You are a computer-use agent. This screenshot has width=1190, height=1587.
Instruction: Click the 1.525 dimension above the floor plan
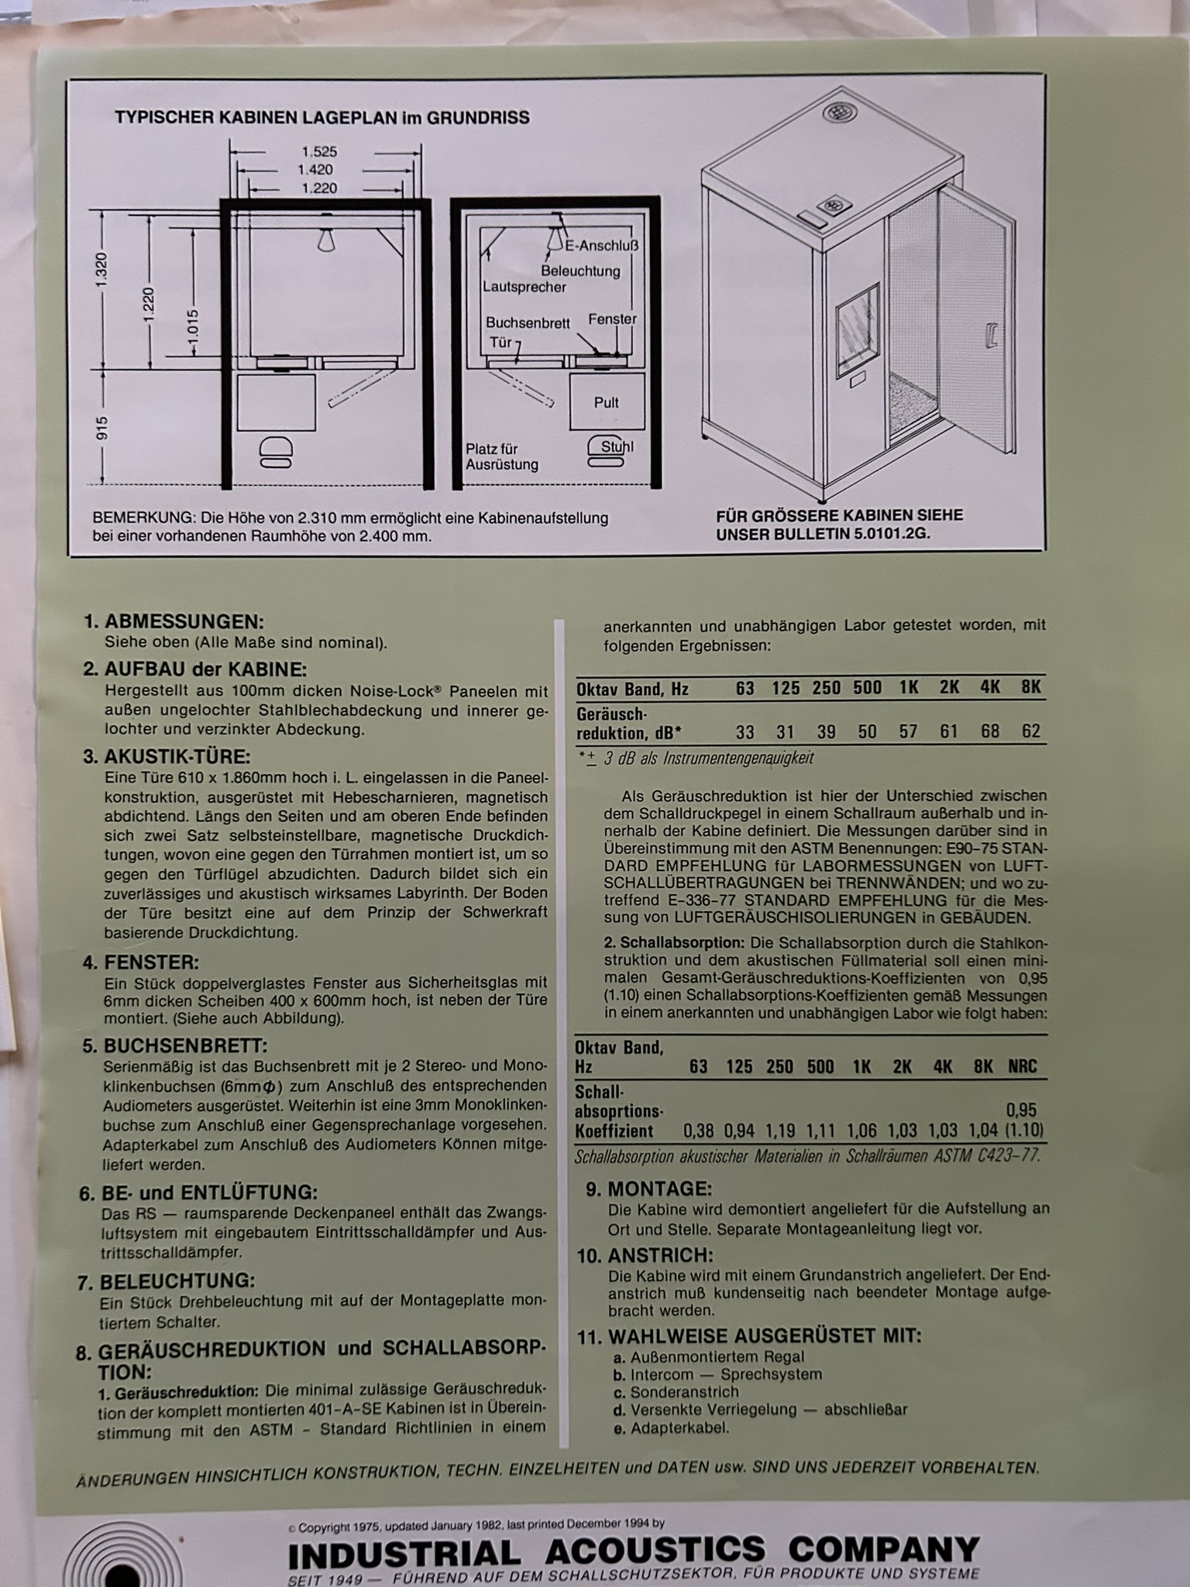[x=319, y=152]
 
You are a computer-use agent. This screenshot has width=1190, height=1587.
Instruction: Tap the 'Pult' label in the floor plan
[x=607, y=402]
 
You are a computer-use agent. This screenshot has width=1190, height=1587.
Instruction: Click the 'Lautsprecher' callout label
[x=524, y=287]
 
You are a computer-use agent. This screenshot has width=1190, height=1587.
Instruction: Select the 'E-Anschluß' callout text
[x=601, y=246]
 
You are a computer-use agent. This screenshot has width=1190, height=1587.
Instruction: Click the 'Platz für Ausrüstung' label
[x=501, y=457]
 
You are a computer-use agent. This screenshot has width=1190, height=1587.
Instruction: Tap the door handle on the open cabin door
[x=990, y=335]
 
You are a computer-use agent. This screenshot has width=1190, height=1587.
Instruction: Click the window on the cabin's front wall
[x=858, y=329]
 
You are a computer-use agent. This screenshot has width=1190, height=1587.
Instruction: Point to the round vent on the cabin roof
[x=837, y=112]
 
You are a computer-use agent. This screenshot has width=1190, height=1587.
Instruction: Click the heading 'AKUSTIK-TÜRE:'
[x=177, y=756]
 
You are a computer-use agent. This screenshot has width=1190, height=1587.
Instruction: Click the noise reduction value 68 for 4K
[x=989, y=732]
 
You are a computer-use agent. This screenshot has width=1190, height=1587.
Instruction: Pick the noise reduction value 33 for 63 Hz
[x=745, y=732]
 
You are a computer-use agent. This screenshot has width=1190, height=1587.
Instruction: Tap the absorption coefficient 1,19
[x=780, y=1131]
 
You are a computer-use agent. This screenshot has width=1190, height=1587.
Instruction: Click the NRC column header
[x=1022, y=1067]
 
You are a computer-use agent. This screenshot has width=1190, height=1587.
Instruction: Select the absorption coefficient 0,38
[x=699, y=1131]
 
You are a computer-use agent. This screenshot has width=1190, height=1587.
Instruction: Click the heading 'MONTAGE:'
[x=659, y=1189]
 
